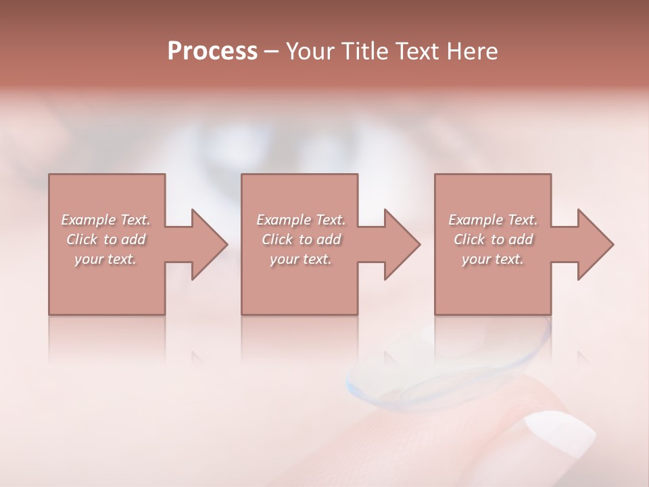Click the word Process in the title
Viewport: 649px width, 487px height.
tap(212, 51)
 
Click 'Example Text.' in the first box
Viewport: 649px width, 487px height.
tap(105, 220)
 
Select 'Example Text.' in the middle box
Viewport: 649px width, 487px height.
tap(301, 220)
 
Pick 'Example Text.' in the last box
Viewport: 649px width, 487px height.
tap(493, 220)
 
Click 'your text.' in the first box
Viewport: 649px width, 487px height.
tap(105, 259)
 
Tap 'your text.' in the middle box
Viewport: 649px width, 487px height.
tap(301, 259)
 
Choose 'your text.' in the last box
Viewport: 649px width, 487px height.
tap(493, 259)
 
